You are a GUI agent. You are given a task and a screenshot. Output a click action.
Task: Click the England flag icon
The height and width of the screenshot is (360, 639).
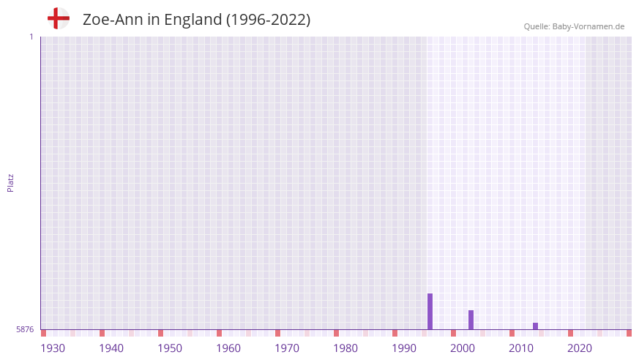[x=58, y=18]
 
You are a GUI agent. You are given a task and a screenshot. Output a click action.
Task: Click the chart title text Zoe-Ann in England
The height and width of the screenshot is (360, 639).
[x=196, y=20]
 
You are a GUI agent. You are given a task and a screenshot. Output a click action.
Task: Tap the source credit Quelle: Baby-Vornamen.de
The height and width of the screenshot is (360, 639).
[x=574, y=26]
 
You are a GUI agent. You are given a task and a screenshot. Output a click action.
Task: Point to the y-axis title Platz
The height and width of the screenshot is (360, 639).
[x=10, y=182]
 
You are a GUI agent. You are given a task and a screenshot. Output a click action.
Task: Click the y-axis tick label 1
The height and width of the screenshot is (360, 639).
[x=31, y=37]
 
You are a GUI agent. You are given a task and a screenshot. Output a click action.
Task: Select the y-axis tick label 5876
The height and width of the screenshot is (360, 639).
[x=25, y=330]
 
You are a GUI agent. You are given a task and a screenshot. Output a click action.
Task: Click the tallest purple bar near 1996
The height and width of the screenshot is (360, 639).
[x=430, y=312]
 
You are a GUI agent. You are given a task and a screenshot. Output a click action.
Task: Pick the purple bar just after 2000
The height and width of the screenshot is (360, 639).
[x=471, y=320]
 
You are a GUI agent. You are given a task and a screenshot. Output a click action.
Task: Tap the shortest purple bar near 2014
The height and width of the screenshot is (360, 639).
[x=535, y=326]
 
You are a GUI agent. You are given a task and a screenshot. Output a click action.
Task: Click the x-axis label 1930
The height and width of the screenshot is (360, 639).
[x=53, y=348]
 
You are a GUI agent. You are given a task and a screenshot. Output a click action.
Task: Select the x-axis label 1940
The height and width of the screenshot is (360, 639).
[x=111, y=348]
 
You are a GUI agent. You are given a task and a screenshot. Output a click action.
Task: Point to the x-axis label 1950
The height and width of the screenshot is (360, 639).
[x=170, y=348]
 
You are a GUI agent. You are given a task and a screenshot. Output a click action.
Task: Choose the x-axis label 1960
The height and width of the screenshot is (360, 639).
[x=228, y=348]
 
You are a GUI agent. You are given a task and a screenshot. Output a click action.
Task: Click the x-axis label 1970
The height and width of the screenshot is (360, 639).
[x=287, y=348]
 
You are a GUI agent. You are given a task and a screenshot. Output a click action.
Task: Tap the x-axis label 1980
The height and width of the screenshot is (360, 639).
[x=345, y=348]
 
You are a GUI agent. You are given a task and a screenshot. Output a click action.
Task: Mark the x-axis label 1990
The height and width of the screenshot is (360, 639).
[x=404, y=348]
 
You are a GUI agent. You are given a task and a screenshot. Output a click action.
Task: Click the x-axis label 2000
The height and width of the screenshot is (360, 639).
[x=463, y=348]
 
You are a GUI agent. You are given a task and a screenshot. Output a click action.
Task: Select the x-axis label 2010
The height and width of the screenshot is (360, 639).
[x=521, y=348]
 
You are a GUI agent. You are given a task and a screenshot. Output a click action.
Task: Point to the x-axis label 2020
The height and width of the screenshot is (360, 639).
[x=580, y=348]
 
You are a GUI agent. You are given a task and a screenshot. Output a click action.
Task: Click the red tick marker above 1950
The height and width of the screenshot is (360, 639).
[x=160, y=333]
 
